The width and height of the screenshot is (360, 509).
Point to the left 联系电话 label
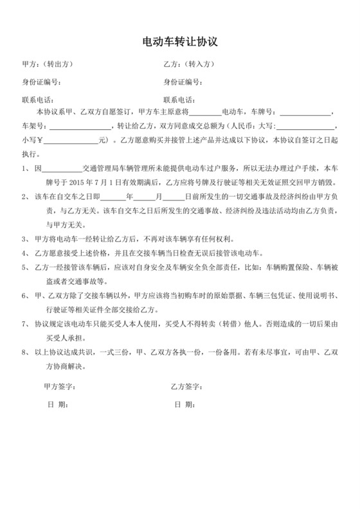pyautogui.click(x=39, y=100)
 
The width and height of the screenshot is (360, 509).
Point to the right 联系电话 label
pyautogui.click(x=180, y=100)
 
